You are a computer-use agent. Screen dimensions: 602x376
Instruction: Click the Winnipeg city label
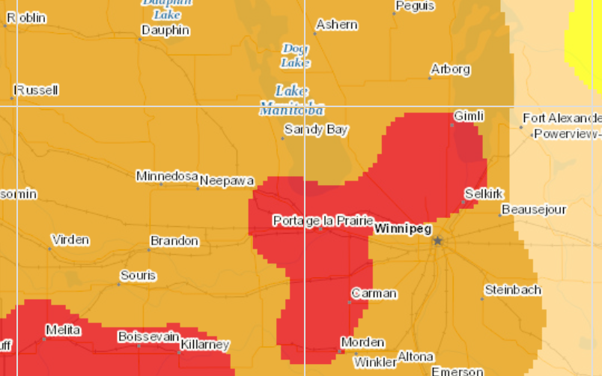(403, 228)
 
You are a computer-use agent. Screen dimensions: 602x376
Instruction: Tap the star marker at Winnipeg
(438, 240)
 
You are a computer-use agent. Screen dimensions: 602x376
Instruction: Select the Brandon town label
(174, 241)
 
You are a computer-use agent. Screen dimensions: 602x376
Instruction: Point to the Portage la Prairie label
(323, 220)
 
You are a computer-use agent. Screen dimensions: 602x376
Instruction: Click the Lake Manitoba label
(291, 100)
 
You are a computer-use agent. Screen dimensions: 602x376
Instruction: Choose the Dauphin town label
(165, 31)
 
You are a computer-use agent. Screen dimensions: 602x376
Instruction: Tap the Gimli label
(469, 116)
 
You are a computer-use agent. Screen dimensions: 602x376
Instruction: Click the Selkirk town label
(484, 193)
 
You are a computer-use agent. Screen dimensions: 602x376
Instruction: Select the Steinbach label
(512, 289)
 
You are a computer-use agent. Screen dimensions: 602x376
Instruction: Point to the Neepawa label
(227, 181)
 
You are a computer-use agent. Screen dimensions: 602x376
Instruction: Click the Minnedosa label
(166, 176)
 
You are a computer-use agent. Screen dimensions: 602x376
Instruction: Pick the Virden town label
(70, 240)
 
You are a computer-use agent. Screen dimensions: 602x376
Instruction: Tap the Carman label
(374, 294)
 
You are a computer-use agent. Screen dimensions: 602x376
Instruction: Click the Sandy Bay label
(316, 130)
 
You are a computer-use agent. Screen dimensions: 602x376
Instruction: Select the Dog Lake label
(296, 55)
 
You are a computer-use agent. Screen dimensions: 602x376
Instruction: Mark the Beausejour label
(534, 209)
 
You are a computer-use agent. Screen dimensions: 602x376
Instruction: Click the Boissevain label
(149, 337)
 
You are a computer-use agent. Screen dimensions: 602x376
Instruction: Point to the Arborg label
(450, 70)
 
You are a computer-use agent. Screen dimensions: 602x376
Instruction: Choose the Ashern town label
(336, 25)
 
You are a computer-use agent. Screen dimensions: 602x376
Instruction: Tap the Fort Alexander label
(562, 118)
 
